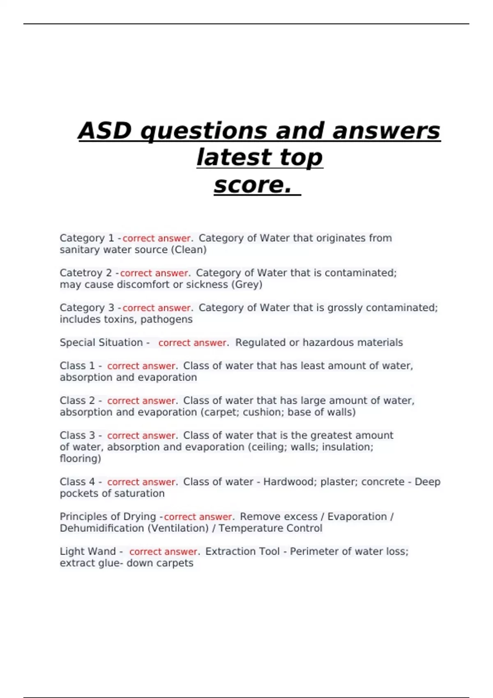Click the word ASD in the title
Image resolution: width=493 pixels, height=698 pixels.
[x=105, y=131]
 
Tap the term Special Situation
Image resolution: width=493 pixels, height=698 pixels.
[x=101, y=342]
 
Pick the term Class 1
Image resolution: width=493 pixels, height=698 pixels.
[x=77, y=366]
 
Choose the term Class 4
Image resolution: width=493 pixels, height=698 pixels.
[x=77, y=482]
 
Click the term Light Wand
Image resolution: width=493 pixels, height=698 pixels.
[x=88, y=551]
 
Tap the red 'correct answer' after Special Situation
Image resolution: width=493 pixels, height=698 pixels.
[x=192, y=343]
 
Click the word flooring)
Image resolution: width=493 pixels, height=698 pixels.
[x=80, y=459]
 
